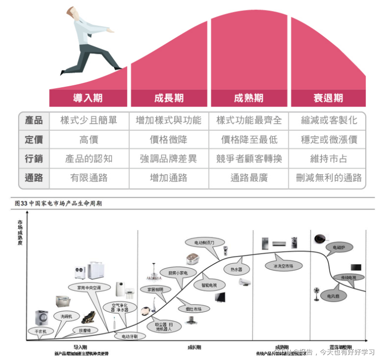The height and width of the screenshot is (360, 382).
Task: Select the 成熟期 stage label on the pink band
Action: [248, 98]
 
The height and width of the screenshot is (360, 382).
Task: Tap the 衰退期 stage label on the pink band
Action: [328, 98]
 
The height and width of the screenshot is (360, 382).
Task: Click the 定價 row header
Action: [34, 139]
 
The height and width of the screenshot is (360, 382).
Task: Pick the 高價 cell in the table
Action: [89, 139]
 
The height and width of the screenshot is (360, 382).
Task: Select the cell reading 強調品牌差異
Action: [168, 158]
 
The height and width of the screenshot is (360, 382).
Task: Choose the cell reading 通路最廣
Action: [249, 178]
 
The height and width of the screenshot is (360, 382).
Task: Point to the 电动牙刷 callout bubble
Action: [129, 336]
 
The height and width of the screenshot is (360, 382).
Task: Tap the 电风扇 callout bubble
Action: [334, 296]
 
